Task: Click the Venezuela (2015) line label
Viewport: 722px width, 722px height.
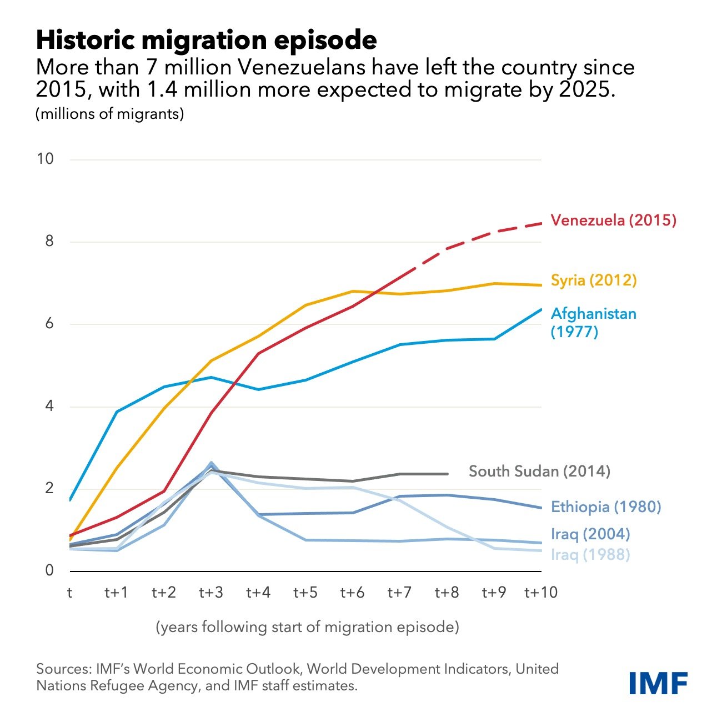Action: [613, 220]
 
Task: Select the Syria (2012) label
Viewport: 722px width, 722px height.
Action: [593, 280]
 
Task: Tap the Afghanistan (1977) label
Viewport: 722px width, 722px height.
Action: [593, 322]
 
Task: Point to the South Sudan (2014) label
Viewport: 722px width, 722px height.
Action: [539, 472]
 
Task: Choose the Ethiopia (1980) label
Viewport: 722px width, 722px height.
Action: [605, 507]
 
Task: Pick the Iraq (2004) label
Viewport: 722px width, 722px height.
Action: [590, 534]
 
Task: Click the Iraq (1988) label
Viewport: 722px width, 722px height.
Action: [590, 554]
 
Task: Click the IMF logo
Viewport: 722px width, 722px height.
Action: [659, 683]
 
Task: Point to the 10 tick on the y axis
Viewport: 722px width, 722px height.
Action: [46, 159]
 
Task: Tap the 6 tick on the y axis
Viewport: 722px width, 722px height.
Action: [49, 324]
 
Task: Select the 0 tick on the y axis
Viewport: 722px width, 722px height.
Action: [49, 570]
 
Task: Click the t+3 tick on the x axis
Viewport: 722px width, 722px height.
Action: [211, 593]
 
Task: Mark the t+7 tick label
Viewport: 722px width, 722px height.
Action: [399, 593]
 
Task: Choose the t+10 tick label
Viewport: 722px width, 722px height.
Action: [540, 593]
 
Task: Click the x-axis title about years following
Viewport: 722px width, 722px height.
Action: [307, 627]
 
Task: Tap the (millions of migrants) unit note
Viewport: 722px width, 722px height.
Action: [110, 114]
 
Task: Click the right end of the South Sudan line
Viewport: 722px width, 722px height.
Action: [447, 474]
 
